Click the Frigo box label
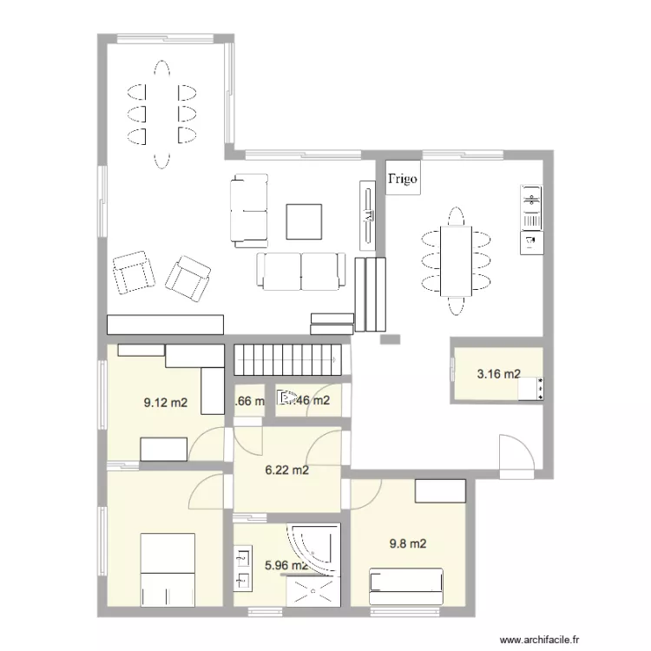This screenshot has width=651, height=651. (x=402, y=180)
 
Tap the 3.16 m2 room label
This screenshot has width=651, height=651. (x=498, y=375)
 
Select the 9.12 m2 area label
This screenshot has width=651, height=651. (x=165, y=402)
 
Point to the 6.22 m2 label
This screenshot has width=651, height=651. (x=287, y=470)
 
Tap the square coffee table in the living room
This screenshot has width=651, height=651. (x=305, y=220)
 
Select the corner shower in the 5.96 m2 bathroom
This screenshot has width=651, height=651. (x=312, y=548)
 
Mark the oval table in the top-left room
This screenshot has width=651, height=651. (x=161, y=113)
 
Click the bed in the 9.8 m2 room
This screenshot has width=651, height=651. (x=406, y=586)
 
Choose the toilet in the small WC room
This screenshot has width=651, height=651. (x=286, y=399)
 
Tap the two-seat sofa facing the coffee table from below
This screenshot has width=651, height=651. (x=300, y=271)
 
